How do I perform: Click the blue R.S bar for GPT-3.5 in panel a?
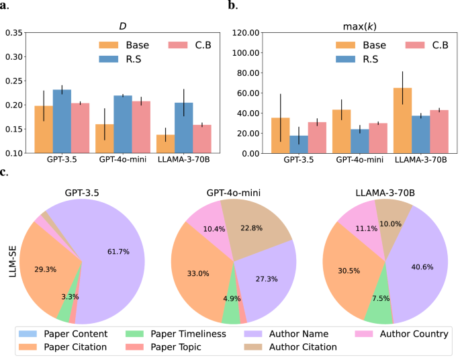coord(62,122)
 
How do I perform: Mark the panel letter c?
coord(4,173)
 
